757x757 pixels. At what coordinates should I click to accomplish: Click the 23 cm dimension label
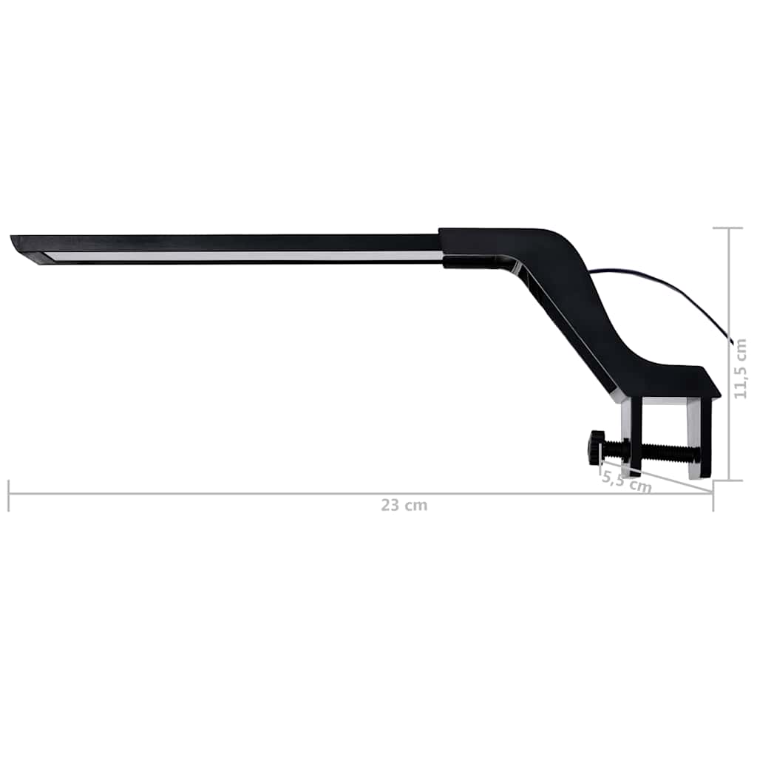pos(404,506)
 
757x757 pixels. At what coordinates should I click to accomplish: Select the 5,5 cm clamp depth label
pos(625,481)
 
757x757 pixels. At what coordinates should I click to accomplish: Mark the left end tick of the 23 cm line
pos(9,495)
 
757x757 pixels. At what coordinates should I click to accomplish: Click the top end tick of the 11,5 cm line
pos(728,228)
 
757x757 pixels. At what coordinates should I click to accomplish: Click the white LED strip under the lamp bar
pos(244,256)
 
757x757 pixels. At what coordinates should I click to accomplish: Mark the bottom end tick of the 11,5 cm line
pos(728,480)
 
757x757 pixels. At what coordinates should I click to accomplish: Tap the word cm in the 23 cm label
pos(417,506)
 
